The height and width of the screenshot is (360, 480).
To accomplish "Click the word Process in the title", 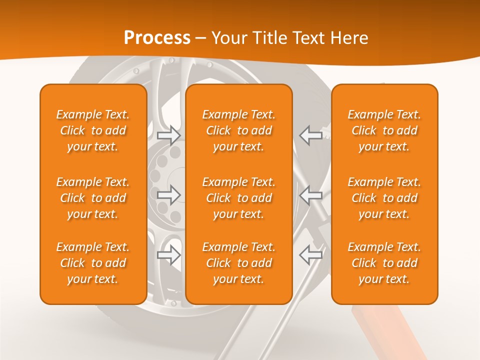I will [157, 38].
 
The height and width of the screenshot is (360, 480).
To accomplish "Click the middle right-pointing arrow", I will [168, 195].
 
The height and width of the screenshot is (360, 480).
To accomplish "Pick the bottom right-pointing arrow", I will [168, 255].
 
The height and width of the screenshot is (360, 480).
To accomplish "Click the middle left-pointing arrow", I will [311, 195].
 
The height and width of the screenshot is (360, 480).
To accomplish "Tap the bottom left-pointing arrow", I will [311, 255].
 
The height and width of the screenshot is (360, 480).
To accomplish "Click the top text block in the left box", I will [93, 130].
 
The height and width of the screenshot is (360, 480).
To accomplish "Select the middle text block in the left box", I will [93, 198].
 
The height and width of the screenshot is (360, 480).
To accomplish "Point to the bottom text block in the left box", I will [93, 263].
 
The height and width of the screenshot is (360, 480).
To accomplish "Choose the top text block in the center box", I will [238, 130].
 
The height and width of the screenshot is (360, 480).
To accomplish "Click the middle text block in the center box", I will [238, 198].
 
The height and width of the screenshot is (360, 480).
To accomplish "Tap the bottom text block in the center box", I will [238, 263].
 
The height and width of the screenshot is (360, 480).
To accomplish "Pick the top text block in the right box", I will [384, 130].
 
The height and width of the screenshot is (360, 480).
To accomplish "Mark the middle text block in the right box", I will [384, 198].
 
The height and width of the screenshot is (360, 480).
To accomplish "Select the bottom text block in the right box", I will [384, 263].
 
